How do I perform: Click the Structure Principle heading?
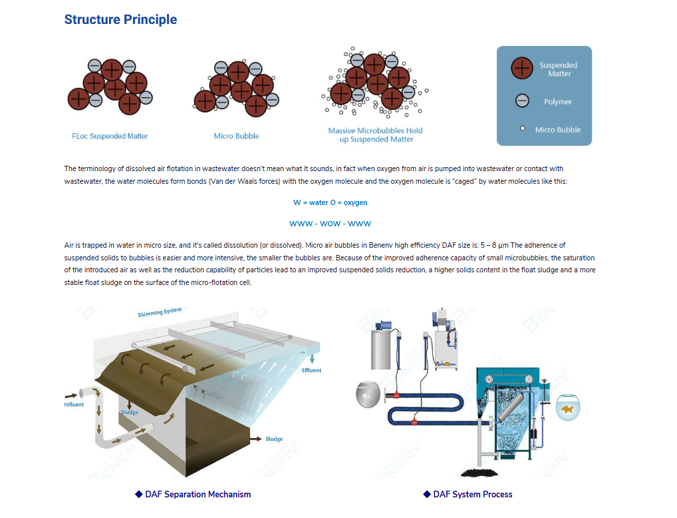pos(120,19)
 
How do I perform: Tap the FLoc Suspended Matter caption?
pos(110,136)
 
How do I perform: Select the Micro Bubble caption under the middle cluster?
pos(236,136)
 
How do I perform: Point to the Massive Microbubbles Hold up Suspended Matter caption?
pos(376,135)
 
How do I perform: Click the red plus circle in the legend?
pos(522,69)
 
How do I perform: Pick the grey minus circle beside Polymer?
pos(522,101)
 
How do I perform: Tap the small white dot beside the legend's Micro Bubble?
pos(523,129)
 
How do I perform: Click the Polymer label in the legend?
pos(558,102)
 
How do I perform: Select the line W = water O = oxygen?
pos(331,202)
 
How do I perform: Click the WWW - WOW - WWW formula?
pos(331,224)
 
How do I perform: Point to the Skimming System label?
pos(160,312)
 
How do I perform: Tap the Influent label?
pos(74,405)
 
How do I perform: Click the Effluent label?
pos(311,371)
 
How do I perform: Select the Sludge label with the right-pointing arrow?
pos(274,439)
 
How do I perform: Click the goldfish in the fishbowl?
pos(567,409)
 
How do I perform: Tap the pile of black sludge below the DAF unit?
pos(479,472)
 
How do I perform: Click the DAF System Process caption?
pos(468,494)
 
